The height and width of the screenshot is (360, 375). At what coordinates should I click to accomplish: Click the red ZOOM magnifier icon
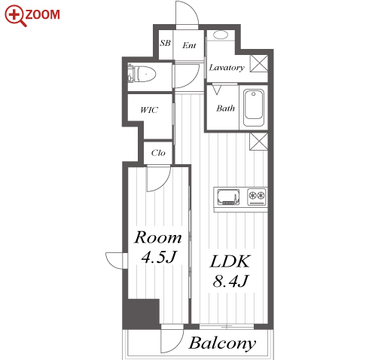tap(14, 16)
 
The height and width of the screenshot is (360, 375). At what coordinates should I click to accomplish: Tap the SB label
tap(165, 43)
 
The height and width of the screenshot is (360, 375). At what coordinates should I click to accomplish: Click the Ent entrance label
tap(189, 45)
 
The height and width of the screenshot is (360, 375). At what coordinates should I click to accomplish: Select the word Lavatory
tap(227, 68)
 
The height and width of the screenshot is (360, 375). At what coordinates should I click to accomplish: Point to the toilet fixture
tap(142, 74)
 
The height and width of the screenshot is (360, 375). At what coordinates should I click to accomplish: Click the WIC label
tap(149, 110)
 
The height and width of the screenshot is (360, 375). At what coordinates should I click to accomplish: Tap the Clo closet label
tap(158, 153)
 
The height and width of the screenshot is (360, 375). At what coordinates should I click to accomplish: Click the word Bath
tap(225, 108)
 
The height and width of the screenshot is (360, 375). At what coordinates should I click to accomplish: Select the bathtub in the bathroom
tap(254, 108)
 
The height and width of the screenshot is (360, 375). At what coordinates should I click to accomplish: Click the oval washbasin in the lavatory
tap(221, 35)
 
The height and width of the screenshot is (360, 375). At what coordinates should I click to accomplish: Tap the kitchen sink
tap(228, 197)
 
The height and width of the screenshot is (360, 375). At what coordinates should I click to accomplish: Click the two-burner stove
tap(257, 197)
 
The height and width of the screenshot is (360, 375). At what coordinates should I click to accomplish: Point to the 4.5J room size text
tap(159, 257)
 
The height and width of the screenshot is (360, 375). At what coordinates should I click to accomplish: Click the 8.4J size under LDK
tap(230, 281)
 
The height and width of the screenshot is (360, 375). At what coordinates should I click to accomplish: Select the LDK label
tap(230, 261)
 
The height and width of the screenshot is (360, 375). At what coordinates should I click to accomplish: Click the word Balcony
tap(222, 343)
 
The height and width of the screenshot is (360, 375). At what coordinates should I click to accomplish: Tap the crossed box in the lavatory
tap(259, 63)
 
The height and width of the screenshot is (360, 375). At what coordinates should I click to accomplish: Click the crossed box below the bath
tap(259, 142)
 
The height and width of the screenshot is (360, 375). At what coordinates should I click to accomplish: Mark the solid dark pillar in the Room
tap(142, 313)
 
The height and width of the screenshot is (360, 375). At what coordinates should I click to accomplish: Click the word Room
tap(158, 237)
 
